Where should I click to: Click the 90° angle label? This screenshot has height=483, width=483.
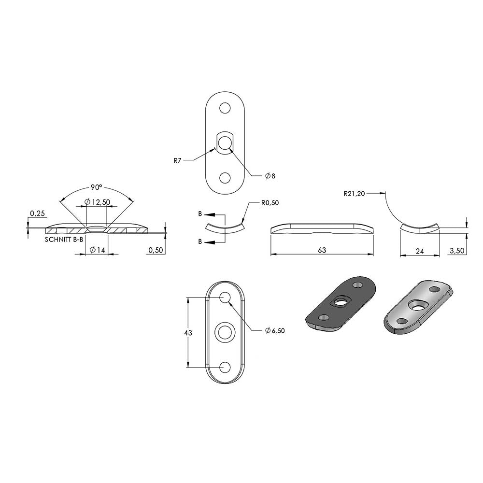(x=96, y=187)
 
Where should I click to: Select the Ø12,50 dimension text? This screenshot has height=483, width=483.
(x=97, y=202)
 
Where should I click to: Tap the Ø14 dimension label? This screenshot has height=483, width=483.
(x=97, y=250)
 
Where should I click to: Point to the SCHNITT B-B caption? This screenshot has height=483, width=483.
(x=64, y=240)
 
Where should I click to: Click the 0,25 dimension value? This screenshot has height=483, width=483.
(x=37, y=213)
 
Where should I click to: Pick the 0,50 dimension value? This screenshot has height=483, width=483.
(x=156, y=250)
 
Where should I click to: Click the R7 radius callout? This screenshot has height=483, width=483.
(x=177, y=160)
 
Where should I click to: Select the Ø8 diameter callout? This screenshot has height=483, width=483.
(x=270, y=176)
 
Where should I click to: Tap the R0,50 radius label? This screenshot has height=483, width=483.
(x=270, y=203)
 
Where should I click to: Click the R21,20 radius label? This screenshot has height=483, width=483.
(x=354, y=194)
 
